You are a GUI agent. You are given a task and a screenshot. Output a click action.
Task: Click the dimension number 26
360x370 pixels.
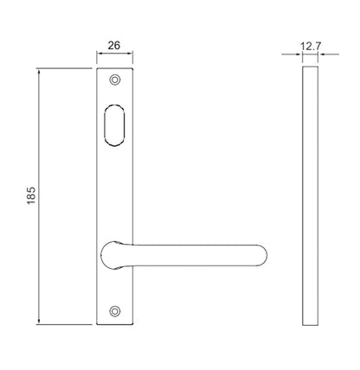pyautogui.click(x=114, y=45)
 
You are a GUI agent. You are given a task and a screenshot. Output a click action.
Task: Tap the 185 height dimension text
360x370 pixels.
pyautogui.click(x=31, y=195)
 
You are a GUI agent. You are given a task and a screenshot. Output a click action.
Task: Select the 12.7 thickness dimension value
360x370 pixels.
pyautogui.click(x=311, y=46)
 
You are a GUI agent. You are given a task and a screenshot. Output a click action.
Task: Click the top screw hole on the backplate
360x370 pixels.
pyautogui.click(x=115, y=80)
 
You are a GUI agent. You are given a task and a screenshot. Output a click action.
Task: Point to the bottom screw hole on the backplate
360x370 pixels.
pyautogui.click(x=115, y=311)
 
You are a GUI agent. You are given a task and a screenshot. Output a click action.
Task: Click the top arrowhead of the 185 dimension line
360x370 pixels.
pyautogui.click(x=39, y=72)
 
